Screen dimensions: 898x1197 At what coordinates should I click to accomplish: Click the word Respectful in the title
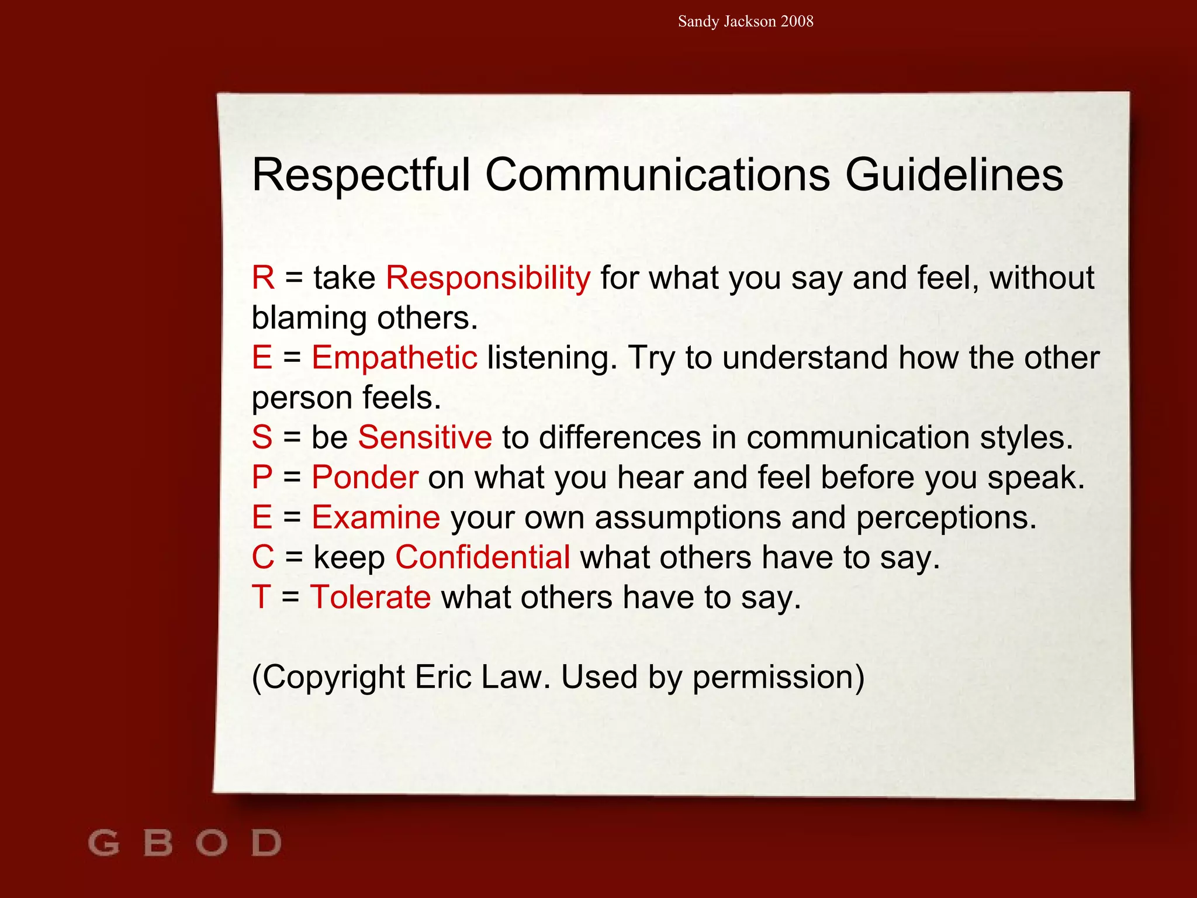pos(361,175)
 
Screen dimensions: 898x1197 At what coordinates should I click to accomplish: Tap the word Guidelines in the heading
pos(954,175)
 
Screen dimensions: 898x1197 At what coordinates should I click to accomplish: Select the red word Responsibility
pos(488,278)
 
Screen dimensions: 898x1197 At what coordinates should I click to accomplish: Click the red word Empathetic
pos(395,358)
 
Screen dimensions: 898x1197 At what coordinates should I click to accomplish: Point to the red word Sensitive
pos(425,437)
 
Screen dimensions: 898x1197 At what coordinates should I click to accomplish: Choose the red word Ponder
pos(365,477)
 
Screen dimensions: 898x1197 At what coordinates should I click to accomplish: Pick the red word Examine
pos(376,517)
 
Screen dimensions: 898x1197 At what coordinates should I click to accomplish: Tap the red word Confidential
pos(483,557)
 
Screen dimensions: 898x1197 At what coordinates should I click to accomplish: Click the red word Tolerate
pos(371,597)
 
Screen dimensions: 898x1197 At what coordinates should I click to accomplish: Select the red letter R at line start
pos(263,278)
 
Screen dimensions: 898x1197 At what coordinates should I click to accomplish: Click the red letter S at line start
pos(262,437)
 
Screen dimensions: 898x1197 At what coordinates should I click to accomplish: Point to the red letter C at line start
pos(263,557)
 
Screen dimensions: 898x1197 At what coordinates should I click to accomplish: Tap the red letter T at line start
pos(261,597)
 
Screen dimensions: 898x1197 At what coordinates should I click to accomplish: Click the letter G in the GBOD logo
pos(104,843)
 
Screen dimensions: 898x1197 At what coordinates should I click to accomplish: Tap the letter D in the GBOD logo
pos(267,843)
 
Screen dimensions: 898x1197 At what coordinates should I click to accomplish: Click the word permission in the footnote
pos(778,678)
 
